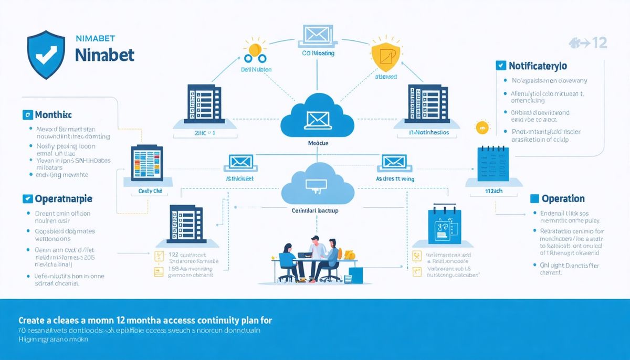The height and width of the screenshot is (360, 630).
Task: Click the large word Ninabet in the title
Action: pos(104,54)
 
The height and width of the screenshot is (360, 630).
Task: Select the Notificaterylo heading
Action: pos(538,66)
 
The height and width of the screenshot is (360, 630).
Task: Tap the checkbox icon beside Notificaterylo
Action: pos(500,66)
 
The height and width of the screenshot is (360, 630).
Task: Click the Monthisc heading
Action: pos(53,114)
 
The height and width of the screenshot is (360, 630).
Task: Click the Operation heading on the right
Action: pos(563,198)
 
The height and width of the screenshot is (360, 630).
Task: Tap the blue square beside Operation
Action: pos(534,198)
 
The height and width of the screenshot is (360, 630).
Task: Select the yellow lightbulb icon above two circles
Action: pos(254,48)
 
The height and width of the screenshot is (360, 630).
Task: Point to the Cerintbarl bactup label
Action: pos(314,210)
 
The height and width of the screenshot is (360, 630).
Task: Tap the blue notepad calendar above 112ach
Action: pos(493,164)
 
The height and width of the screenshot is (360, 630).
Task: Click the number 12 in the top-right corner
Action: pos(599,43)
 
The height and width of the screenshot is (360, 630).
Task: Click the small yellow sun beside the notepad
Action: pos(481,126)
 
